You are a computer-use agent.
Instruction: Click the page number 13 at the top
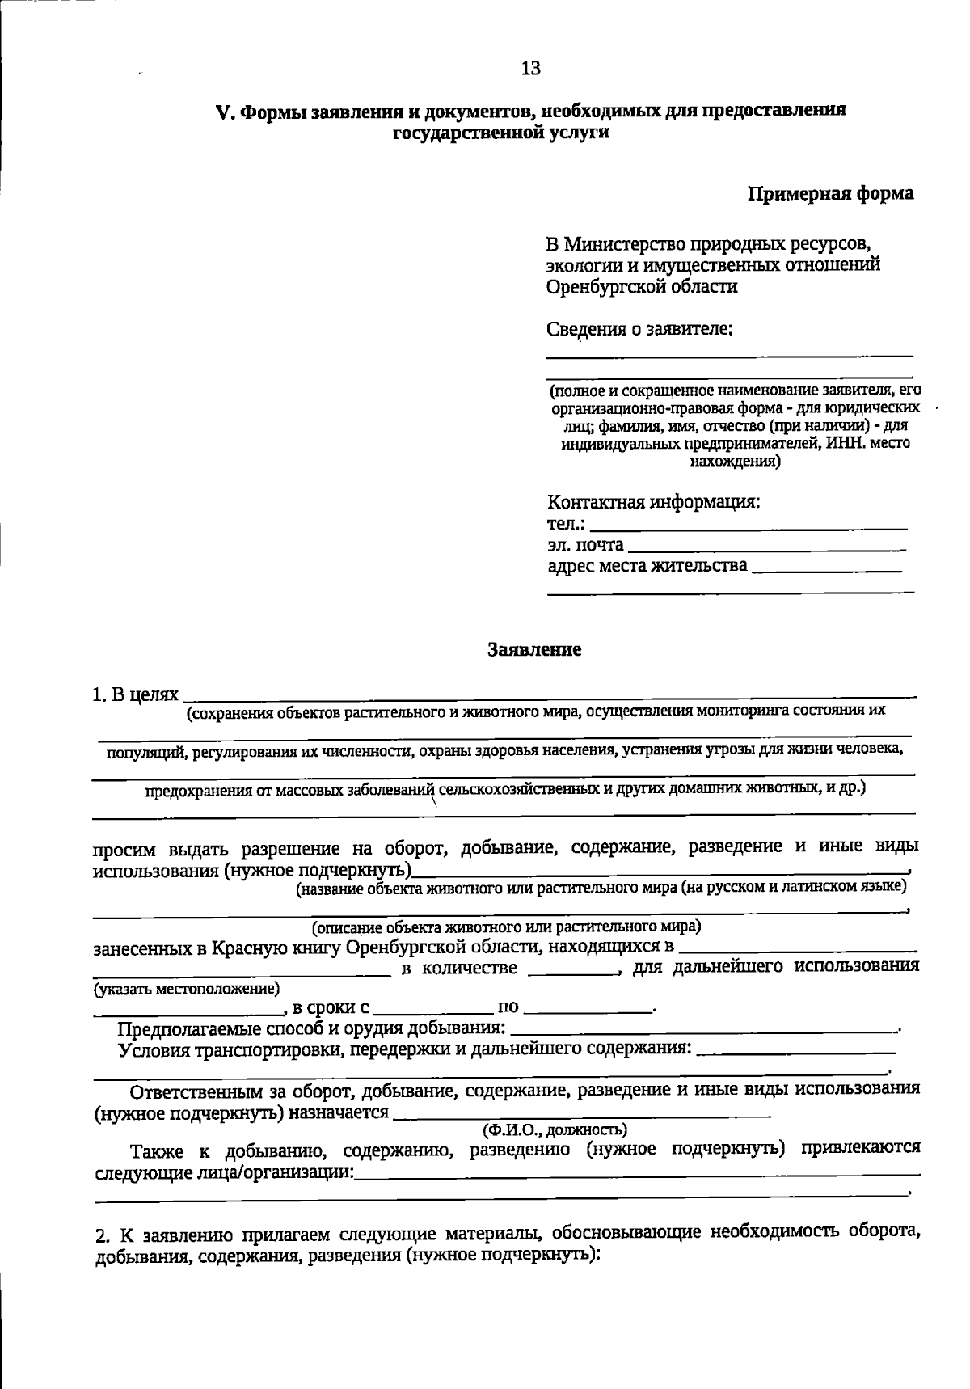(x=531, y=69)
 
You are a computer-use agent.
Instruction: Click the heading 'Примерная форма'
(x=830, y=194)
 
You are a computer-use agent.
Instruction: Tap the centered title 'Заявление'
(x=534, y=649)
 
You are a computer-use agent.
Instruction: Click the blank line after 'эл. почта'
(x=766, y=549)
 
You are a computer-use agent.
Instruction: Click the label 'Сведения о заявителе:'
(x=639, y=329)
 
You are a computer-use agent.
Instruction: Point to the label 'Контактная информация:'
(x=654, y=502)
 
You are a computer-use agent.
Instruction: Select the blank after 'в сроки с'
(x=434, y=1011)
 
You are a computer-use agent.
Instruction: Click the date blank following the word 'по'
(x=588, y=1011)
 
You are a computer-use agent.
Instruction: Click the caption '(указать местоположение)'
(x=187, y=988)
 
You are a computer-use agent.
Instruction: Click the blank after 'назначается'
(x=580, y=1116)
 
